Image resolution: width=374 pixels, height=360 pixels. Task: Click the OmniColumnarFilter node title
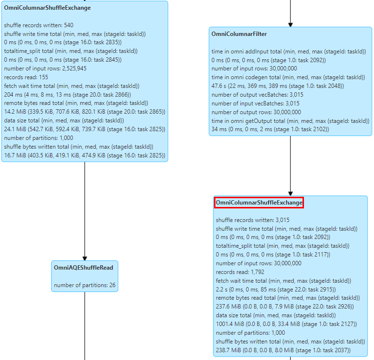point(239,34)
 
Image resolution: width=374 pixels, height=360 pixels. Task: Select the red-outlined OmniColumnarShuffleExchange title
point(259,203)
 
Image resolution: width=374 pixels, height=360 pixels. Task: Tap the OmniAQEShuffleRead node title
point(84,268)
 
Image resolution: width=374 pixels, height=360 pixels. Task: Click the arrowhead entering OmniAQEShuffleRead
point(85,258)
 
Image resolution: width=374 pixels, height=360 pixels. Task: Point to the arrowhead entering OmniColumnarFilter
point(290,25)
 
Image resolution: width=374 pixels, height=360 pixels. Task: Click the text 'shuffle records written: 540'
point(38,25)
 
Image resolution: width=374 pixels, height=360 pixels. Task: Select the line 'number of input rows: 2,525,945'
point(45,69)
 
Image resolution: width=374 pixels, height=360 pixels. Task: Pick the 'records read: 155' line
point(26,77)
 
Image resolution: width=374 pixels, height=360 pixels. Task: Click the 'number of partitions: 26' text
point(85,285)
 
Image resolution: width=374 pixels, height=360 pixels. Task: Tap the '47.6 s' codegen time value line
point(278,86)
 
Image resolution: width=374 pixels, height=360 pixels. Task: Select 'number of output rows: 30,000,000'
point(256,112)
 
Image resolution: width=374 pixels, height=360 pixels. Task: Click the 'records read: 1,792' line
point(240,272)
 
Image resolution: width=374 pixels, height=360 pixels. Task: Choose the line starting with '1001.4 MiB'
point(286,324)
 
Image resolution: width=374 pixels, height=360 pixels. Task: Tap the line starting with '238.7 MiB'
point(283,350)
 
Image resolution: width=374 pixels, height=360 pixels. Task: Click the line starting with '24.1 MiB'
point(85,129)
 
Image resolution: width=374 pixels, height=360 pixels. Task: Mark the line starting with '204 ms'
point(68,95)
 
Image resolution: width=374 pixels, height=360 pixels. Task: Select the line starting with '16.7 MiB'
point(85,155)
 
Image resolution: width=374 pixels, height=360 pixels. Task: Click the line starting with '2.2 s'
point(276,290)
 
